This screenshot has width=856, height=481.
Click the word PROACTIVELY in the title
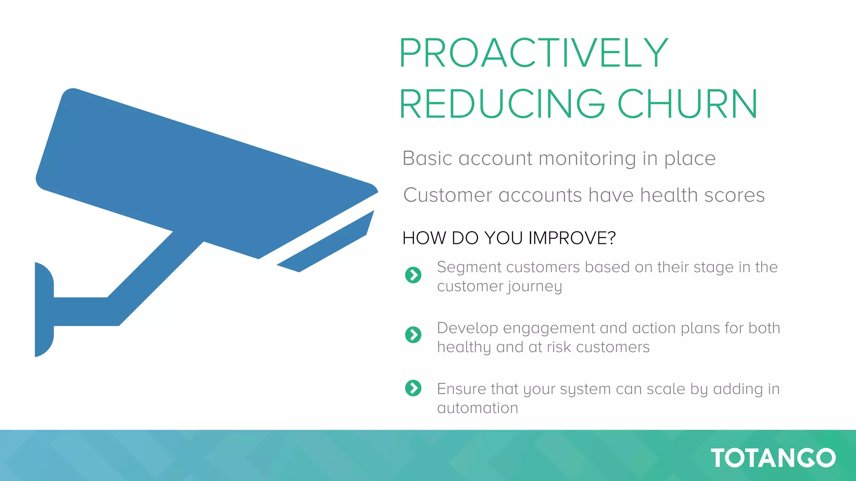click(534, 53)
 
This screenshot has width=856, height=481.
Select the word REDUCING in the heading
click(502, 104)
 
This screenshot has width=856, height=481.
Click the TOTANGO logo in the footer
click(773, 458)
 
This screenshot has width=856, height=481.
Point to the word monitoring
click(587, 159)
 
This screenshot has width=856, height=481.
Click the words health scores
click(702, 195)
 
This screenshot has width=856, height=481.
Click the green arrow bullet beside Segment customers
click(413, 275)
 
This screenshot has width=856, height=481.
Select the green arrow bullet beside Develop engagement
click(413, 335)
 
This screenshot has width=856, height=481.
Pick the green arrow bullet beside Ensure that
click(413, 388)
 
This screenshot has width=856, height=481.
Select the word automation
click(477, 408)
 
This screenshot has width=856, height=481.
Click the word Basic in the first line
click(427, 159)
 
